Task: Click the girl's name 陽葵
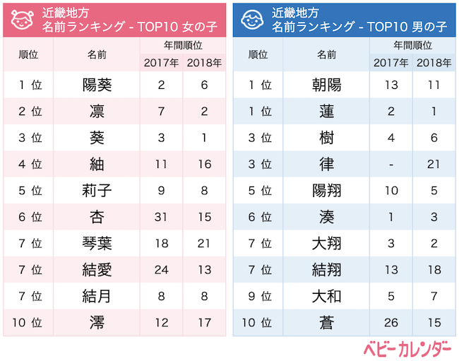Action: point(97,85)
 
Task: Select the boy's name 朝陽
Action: point(326,85)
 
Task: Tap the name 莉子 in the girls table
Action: point(97,191)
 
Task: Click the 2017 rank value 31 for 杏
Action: point(162,217)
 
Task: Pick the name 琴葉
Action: point(97,244)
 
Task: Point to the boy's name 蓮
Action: point(326,112)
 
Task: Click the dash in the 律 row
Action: point(391,164)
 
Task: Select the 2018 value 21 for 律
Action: point(434,164)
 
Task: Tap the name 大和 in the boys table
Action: point(326,296)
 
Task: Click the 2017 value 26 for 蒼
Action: point(391,323)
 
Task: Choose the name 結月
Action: point(97,296)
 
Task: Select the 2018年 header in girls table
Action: point(204,62)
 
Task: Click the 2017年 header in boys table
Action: point(391,62)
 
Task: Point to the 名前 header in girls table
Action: point(97,54)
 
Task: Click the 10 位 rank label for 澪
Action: point(28,323)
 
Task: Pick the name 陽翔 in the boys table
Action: point(326,191)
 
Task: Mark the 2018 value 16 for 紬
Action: point(204,164)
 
